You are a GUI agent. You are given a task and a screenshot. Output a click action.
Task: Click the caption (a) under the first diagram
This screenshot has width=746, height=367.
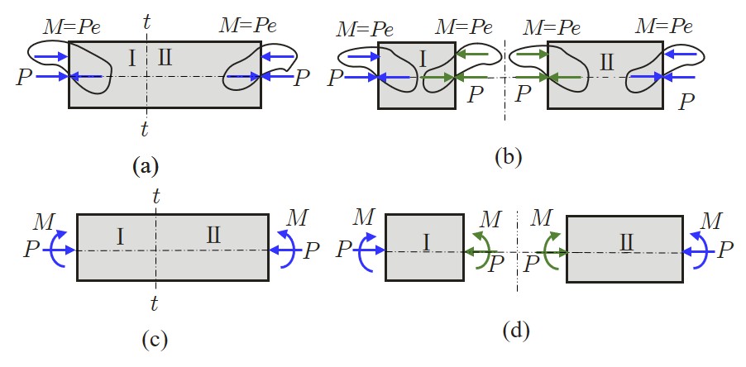coord(146,167)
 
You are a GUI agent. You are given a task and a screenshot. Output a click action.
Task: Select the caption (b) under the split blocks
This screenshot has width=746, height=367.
coord(505,156)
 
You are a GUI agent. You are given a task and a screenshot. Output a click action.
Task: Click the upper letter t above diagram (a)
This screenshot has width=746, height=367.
coord(146,22)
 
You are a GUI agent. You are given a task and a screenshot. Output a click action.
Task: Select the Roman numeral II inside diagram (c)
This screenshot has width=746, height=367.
coord(213,237)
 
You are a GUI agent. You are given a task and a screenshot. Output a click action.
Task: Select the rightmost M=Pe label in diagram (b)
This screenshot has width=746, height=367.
coord(664,26)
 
